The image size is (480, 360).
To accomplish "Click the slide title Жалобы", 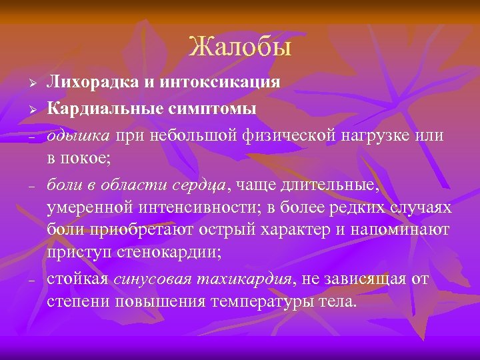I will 240,47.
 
